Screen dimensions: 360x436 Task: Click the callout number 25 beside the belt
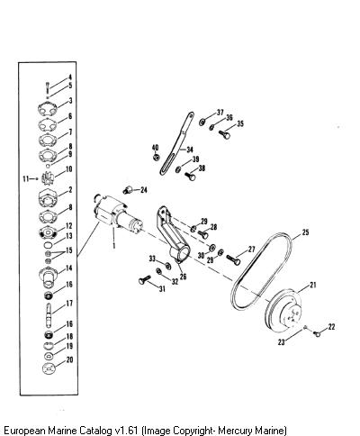(x=305, y=232)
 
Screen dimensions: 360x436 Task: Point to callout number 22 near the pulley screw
(x=331, y=327)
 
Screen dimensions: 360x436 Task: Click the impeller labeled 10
(x=48, y=177)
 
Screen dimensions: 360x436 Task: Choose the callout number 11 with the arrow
(x=26, y=179)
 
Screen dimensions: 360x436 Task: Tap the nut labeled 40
(x=156, y=157)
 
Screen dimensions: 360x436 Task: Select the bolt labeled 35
(x=224, y=134)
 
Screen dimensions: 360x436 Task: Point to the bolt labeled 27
(x=233, y=259)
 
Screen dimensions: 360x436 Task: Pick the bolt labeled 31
(x=144, y=279)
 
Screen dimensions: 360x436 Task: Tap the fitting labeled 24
(x=129, y=190)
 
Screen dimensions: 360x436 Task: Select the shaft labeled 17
(x=49, y=314)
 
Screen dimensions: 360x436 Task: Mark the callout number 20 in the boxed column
(x=69, y=359)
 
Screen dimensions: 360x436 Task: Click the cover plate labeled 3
(x=48, y=109)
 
